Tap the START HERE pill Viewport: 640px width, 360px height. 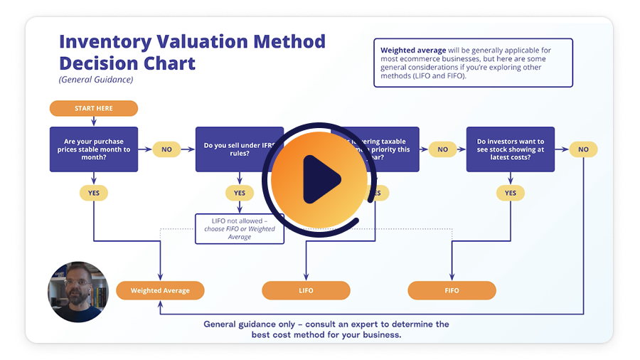(93, 108)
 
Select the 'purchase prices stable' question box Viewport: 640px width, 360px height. (93, 149)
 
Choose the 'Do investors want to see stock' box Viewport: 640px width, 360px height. (510, 149)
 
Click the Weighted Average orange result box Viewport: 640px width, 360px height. (160, 290)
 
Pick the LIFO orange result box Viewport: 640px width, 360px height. (306, 290)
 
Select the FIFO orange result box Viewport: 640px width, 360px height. (452, 290)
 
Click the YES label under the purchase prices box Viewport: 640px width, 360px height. (93, 193)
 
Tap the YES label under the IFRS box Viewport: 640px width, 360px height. (239, 193)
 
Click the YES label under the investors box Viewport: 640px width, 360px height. (510, 193)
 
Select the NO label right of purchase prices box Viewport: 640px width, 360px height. (166, 149)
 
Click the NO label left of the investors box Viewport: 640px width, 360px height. (442, 149)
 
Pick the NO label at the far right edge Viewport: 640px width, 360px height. (583, 149)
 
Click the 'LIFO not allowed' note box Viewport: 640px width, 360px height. (240, 229)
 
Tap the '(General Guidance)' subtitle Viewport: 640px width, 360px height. (95, 80)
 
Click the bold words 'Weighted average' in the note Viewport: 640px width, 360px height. (413, 51)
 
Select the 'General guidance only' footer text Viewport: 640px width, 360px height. (326, 329)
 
